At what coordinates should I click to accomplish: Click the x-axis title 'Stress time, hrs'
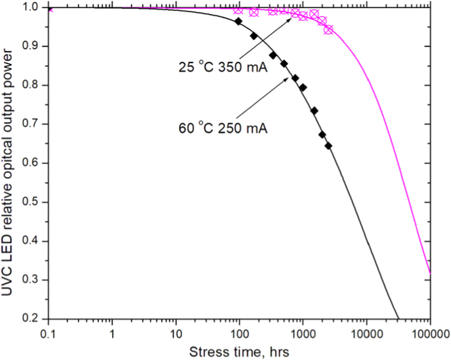pos(239,352)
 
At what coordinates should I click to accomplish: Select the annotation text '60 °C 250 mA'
pos(223,128)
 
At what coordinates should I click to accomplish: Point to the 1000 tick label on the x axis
pos(302,334)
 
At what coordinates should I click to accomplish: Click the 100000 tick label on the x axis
pos(430,334)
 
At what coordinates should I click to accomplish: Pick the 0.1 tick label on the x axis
pos(49,334)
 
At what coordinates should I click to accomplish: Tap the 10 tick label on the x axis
pos(176,334)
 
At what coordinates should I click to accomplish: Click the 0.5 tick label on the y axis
pos(31,202)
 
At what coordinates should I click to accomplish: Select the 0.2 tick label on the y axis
pos(31,319)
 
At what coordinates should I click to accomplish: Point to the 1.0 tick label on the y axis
pos(31,7)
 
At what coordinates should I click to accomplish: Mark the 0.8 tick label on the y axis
pos(31,85)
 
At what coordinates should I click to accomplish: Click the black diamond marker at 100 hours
pos(238,21)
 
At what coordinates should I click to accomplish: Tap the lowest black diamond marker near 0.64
pos(328,146)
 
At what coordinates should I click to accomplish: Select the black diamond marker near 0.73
pos(314,111)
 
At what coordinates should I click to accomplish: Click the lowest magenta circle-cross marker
pos(328,30)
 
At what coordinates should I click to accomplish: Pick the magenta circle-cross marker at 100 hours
pos(238,10)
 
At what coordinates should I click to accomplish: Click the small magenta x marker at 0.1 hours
pos(51,10)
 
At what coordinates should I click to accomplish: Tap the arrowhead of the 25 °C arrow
pos(291,20)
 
